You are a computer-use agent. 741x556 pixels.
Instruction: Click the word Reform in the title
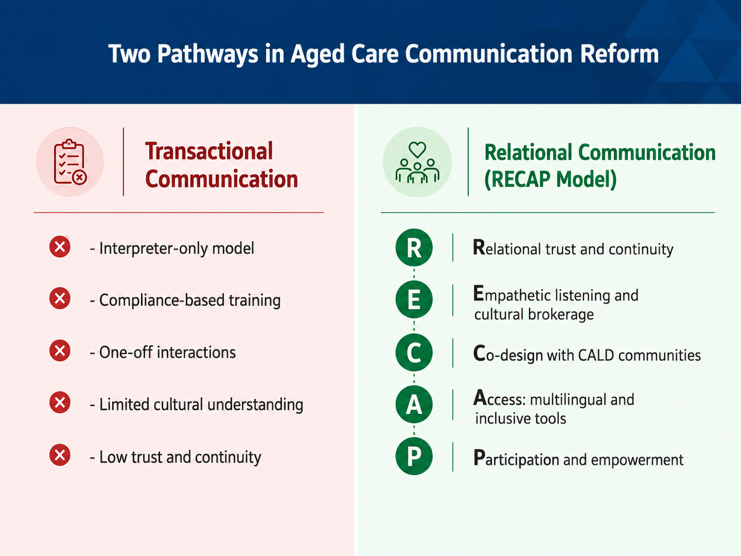pyautogui.click(x=619, y=54)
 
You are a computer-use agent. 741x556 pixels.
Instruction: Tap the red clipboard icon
pyautogui.click(x=70, y=162)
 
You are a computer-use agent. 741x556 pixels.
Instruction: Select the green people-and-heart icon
pyautogui.click(x=417, y=162)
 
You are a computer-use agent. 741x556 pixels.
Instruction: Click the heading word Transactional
pyautogui.click(x=209, y=151)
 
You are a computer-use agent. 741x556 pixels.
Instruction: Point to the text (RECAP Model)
pyautogui.click(x=550, y=179)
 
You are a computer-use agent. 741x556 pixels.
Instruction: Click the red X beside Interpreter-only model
pyautogui.click(x=60, y=247)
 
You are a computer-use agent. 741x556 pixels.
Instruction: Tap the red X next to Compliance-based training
pyautogui.click(x=60, y=298)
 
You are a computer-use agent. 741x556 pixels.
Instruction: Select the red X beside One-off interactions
pyautogui.click(x=60, y=350)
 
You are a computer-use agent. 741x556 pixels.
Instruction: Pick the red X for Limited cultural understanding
pyautogui.click(x=60, y=402)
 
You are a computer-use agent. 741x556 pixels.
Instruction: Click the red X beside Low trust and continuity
pyautogui.click(x=60, y=455)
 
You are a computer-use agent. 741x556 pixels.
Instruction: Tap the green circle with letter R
pyautogui.click(x=414, y=247)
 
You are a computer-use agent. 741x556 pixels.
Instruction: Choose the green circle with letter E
pyautogui.click(x=414, y=300)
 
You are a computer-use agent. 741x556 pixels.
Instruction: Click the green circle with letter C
pyautogui.click(x=414, y=352)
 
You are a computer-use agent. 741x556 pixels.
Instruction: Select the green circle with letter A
pyautogui.click(x=414, y=404)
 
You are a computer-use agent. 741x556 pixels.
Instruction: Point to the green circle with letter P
pyautogui.click(x=414, y=456)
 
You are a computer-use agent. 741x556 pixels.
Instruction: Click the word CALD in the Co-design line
pyautogui.click(x=596, y=355)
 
